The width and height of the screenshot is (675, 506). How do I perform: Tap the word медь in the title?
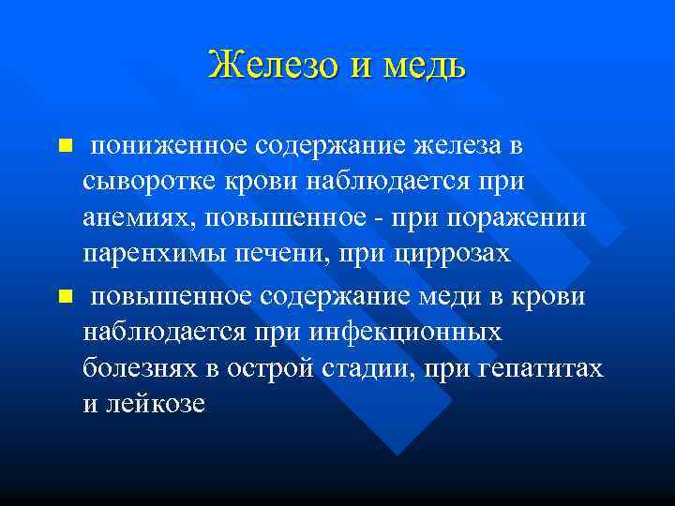421,65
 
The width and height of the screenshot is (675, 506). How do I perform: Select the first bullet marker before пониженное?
64,146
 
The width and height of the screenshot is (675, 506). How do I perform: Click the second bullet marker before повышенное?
64,297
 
